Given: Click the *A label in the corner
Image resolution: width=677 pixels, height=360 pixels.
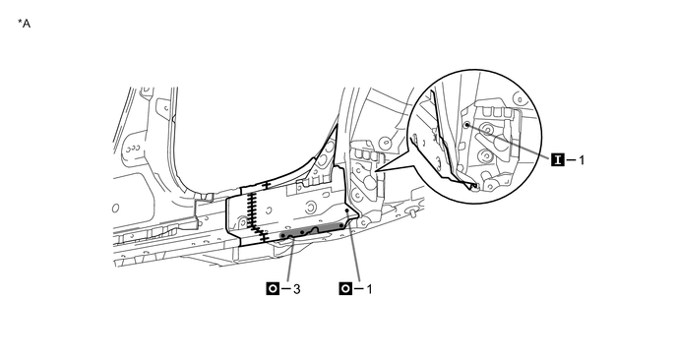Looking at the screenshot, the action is (25, 24).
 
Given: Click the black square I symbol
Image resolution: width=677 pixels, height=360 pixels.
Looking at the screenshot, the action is (557, 159).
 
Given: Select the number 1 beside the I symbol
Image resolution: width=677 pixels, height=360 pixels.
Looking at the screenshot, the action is (582, 160).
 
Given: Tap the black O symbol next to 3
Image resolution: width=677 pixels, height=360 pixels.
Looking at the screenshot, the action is (273, 289).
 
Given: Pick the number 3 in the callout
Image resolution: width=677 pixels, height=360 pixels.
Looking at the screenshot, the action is (296, 289).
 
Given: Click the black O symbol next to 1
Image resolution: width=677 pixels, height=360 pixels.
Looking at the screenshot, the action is (345, 289).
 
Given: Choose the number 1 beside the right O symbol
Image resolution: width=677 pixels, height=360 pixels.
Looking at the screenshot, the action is (369, 289).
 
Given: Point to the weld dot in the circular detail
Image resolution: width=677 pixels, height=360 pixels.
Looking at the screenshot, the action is (466, 124).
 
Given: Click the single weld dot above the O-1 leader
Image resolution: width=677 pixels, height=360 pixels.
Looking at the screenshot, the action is (347, 210).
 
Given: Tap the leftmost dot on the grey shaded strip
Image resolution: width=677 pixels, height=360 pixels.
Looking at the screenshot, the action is (282, 236).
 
